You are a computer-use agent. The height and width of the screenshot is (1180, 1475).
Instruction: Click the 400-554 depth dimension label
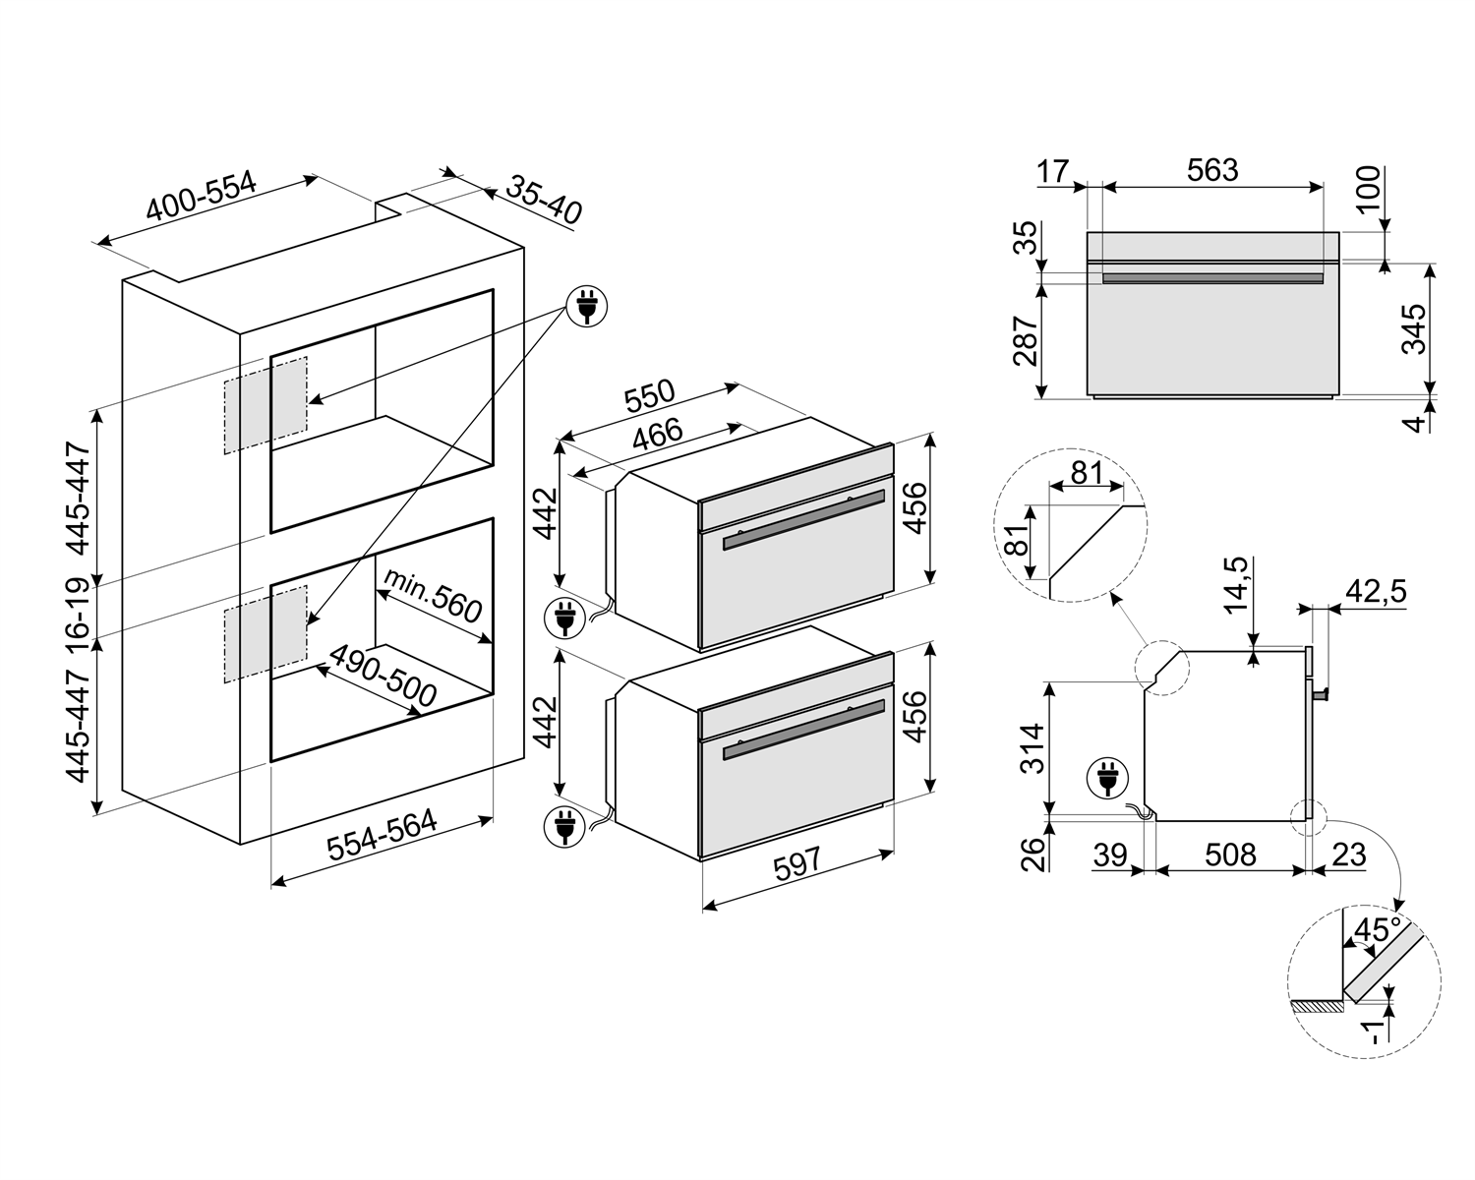tap(202, 198)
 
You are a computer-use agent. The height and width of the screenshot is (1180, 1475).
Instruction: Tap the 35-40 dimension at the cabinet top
tap(545, 200)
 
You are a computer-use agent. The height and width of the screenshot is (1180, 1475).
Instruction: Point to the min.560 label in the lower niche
tap(434, 595)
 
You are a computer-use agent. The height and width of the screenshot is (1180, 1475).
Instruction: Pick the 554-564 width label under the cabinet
tap(382, 837)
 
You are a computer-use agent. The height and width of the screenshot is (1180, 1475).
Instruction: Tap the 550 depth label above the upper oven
tap(649, 395)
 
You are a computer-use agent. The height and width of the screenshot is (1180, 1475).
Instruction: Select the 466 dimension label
tap(657, 434)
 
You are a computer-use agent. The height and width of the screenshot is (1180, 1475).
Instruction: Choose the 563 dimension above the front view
tap(1211, 170)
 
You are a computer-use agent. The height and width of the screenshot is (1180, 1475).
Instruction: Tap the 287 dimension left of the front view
tap(1026, 340)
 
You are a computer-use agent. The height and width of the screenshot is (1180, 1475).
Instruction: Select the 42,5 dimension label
tap(1375, 591)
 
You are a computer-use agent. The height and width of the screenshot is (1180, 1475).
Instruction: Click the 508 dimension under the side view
tap(1230, 855)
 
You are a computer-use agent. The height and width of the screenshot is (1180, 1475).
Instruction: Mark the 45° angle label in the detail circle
tap(1377, 929)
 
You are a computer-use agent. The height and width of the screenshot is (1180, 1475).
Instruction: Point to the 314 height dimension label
tap(1032, 747)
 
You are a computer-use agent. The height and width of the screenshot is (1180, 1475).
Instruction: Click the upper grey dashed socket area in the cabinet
tap(265, 404)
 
